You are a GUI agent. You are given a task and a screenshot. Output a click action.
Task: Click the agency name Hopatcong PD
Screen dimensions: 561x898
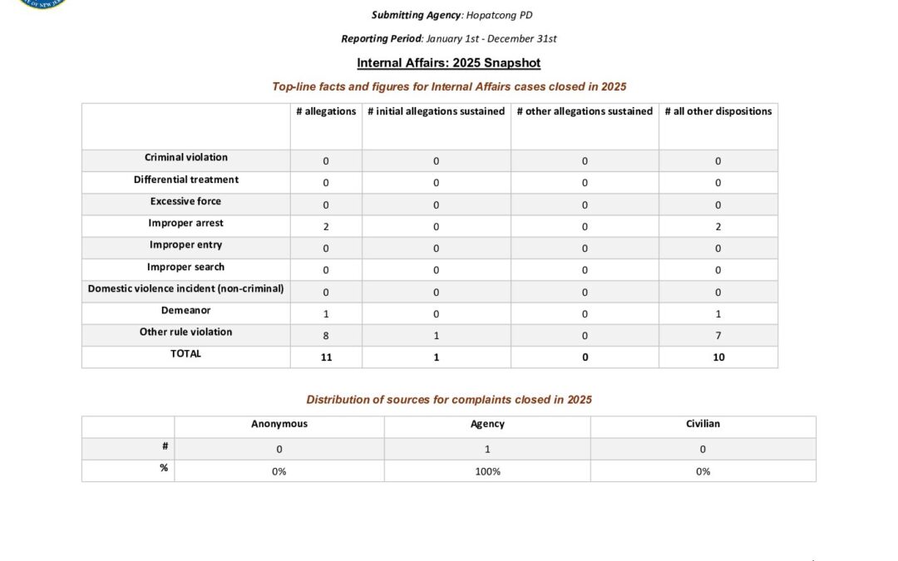click(x=496, y=15)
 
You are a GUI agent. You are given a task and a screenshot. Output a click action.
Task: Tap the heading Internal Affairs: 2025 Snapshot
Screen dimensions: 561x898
click(x=449, y=62)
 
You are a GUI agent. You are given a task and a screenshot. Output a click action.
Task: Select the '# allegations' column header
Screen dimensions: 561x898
click(x=326, y=111)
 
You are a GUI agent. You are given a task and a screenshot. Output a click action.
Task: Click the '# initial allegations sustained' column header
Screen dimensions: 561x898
click(x=436, y=111)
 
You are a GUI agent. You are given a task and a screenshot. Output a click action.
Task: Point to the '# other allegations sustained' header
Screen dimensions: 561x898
click(x=585, y=111)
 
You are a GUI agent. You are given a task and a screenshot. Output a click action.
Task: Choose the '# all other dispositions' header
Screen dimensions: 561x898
click(x=718, y=111)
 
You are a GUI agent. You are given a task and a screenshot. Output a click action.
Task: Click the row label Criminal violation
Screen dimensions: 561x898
click(x=186, y=158)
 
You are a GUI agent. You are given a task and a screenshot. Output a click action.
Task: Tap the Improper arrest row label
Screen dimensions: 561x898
click(x=186, y=224)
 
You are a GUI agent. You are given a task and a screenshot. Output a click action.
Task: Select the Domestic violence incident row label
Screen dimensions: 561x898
click(x=186, y=288)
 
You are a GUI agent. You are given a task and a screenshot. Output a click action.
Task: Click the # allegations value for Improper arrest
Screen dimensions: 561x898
click(x=326, y=227)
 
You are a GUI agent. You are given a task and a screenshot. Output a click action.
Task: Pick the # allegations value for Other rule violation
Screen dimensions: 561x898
click(x=326, y=336)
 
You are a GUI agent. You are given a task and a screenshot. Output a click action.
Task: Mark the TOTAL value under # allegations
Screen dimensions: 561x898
click(x=326, y=357)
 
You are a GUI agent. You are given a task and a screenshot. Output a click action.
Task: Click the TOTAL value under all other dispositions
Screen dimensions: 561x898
click(x=718, y=357)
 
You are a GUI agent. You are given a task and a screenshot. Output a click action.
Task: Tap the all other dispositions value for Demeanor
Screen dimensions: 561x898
click(x=718, y=314)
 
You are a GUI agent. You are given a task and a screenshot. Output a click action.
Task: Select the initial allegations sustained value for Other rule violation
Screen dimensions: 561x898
click(x=436, y=336)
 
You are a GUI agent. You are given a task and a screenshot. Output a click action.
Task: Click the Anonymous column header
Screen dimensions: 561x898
click(x=279, y=424)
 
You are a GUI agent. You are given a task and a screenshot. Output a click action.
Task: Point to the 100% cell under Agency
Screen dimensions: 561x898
click(x=487, y=472)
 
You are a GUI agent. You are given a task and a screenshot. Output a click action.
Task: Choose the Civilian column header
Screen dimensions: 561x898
click(x=703, y=424)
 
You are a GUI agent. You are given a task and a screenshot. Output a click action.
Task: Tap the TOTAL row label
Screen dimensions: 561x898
click(x=186, y=354)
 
